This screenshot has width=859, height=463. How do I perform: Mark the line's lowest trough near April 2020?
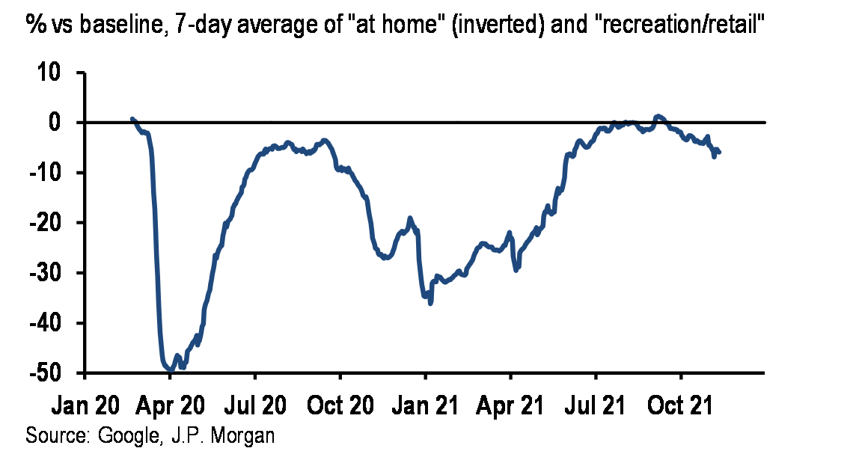[x=171, y=370]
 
